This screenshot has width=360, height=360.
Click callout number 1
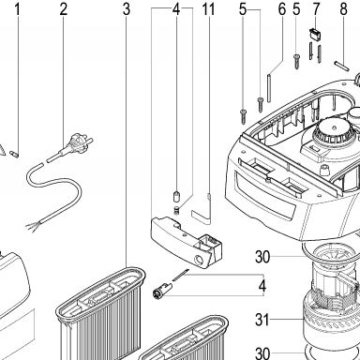[x=18, y=9]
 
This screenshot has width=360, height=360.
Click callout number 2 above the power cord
[x=64, y=9]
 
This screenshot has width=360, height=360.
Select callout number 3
[x=127, y=9]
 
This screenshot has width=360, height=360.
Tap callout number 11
[x=208, y=9]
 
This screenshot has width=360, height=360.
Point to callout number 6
[x=282, y=9]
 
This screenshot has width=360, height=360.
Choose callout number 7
[x=316, y=9]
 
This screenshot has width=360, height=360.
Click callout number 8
[x=343, y=9]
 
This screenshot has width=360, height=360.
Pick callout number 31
[x=262, y=320]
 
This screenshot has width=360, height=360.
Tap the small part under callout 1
[x=15, y=154]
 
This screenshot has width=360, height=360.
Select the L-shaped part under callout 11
[x=202, y=213]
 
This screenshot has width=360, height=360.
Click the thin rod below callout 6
[x=269, y=87]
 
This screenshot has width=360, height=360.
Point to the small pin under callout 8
[x=341, y=67]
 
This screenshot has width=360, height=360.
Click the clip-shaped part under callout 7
[x=313, y=33]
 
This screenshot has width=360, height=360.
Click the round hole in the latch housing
[x=197, y=259]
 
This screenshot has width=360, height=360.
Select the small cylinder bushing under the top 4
[x=176, y=197]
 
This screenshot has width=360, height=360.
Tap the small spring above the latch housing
[x=177, y=210]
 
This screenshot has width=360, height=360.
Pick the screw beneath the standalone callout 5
[x=296, y=63]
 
